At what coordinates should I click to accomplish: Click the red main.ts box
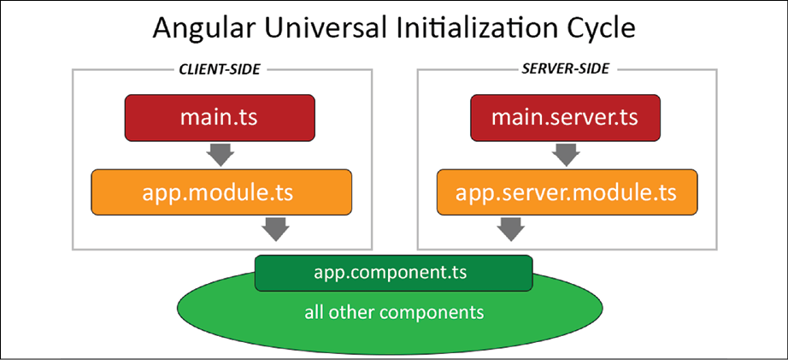tap(220, 118)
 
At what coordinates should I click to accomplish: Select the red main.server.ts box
tap(565, 118)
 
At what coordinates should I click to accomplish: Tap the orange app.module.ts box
tap(221, 192)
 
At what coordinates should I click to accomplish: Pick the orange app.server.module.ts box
tap(567, 192)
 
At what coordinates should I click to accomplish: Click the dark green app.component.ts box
tap(393, 273)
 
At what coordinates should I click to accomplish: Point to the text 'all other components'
tap(394, 312)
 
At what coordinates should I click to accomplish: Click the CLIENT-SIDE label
tap(220, 69)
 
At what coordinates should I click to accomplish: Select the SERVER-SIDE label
tap(566, 69)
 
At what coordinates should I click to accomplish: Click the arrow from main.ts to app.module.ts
tap(221, 155)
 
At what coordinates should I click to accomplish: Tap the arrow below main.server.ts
tap(566, 155)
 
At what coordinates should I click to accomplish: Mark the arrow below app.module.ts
tap(275, 230)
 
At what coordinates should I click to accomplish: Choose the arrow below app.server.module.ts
tap(510, 230)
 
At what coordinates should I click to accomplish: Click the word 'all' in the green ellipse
tap(314, 312)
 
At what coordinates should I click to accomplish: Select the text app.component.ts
tap(391, 273)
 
